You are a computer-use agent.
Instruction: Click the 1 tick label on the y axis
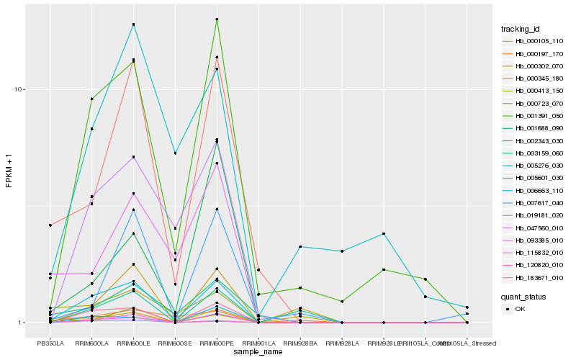coord(22,323)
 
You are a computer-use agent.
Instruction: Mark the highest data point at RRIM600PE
coord(217,19)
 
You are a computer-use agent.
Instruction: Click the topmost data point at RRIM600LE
coord(133,24)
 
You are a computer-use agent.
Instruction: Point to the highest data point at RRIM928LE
coord(384,234)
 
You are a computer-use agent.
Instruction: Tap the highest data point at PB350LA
coord(50,225)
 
